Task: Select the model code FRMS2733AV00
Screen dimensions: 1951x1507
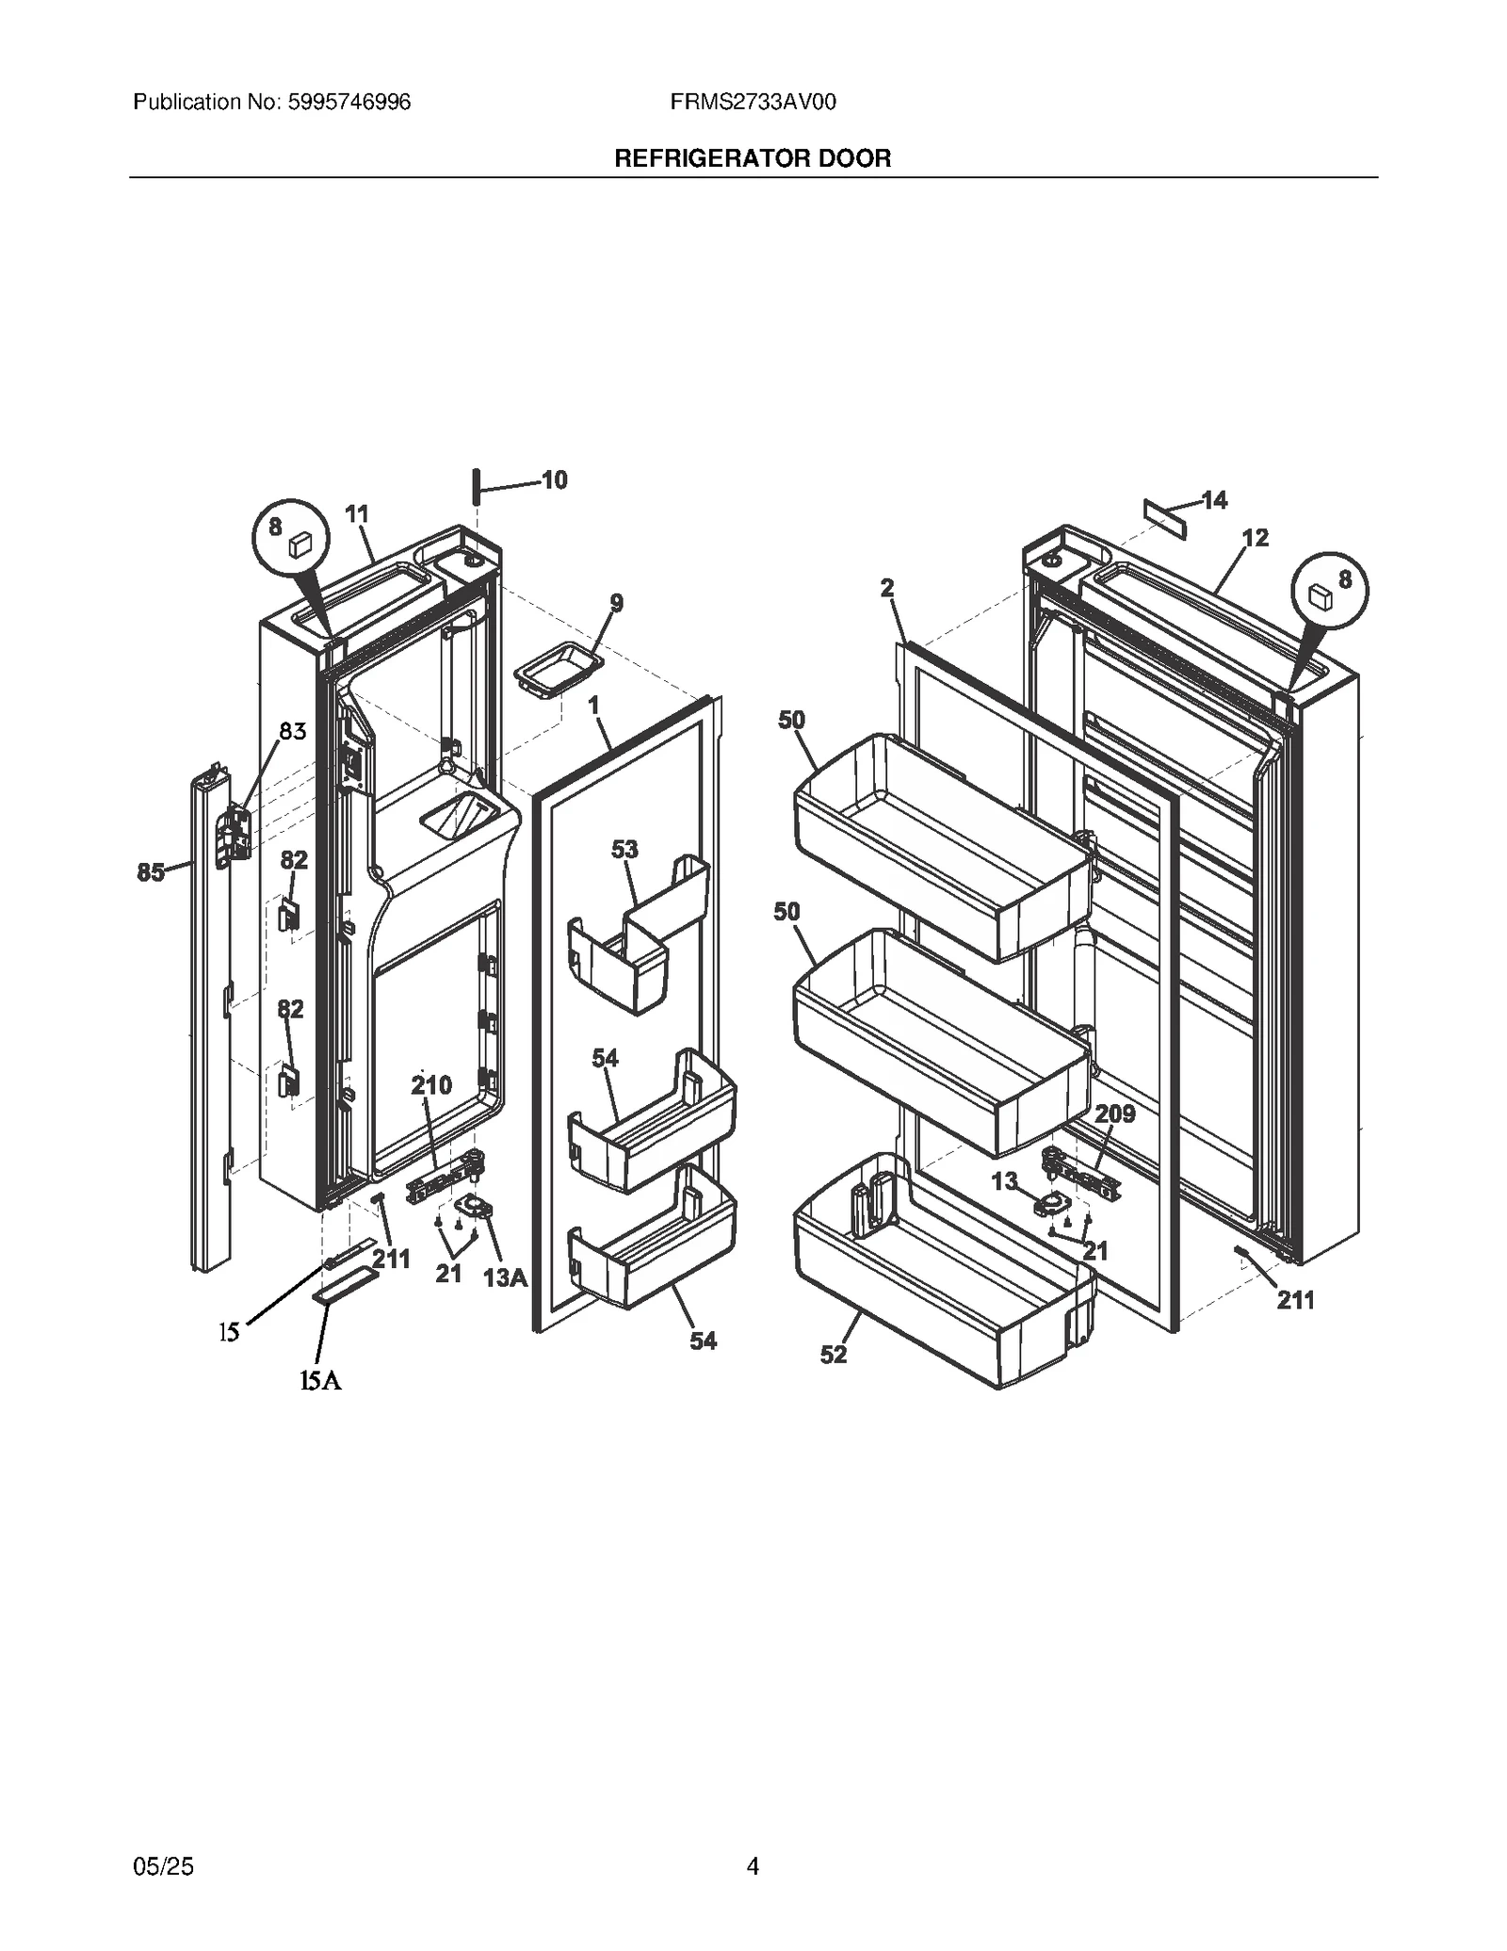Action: (753, 102)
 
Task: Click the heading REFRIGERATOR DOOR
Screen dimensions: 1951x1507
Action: (753, 158)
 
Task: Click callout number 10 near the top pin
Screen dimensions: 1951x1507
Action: (555, 480)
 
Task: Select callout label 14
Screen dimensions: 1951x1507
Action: (1215, 500)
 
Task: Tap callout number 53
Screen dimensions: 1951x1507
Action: (624, 849)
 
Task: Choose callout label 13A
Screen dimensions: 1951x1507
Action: (505, 1277)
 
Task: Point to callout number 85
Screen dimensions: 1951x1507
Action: (151, 872)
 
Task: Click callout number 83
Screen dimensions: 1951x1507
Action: (292, 731)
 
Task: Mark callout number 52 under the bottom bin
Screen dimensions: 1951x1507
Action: (834, 1355)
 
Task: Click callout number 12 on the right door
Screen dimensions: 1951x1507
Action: (1256, 538)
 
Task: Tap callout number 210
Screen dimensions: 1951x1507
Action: (431, 1085)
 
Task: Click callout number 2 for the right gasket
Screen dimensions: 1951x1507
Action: (887, 588)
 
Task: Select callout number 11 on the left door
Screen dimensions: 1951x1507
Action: (357, 514)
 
